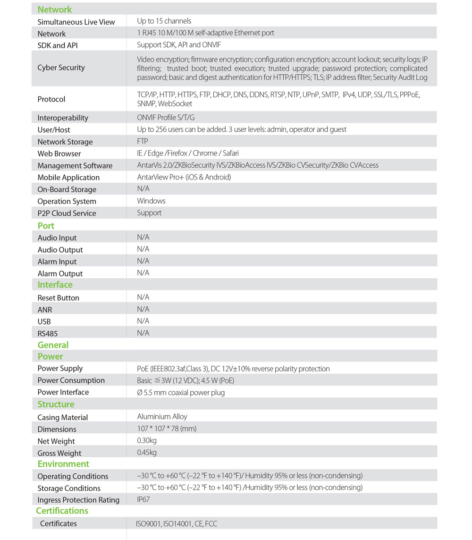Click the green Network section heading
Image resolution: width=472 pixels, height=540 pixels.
pyautogui.click(x=55, y=9)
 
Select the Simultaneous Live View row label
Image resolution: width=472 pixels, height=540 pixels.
pyautogui.click(x=76, y=22)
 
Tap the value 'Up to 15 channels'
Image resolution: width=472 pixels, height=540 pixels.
pyautogui.click(x=164, y=21)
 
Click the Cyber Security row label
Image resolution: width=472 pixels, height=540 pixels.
pyautogui.click(x=61, y=68)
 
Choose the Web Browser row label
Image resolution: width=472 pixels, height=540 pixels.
pyautogui.click(x=59, y=154)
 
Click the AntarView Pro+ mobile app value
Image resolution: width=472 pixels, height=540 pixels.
pyautogui.click(x=184, y=177)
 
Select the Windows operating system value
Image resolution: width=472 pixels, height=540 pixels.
pyautogui.click(x=151, y=201)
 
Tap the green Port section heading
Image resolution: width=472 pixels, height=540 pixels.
pyautogui.click(x=46, y=226)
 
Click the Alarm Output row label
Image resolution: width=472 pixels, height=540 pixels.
pyautogui.click(x=60, y=274)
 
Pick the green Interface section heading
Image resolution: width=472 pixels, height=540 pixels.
pyautogui.click(x=55, y=285)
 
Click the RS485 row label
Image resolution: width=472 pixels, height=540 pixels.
pyautogui.click(x=48, y=334)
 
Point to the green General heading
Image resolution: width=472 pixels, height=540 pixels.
pyautogui.click(x=53, y=345)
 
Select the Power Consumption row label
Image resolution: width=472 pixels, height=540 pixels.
pyautogui.click(x=71, y=380)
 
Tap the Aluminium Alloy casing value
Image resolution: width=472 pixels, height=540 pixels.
pyautogui.click(x=162, y=417)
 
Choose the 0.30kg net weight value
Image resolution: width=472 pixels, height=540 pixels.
pyautogui.click(x=147, y=441)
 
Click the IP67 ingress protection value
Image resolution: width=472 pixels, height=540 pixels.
pyautogui.click(x=144, y=499)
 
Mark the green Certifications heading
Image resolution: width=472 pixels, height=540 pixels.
pyautogui.click(x=62, y=511)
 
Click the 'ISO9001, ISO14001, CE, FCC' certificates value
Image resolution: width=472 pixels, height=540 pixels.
pyautogui.click(x=177, y=523)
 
